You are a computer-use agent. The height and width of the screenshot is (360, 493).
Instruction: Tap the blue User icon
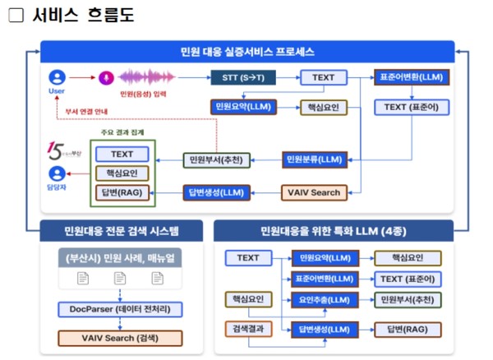click(x=56, y=77)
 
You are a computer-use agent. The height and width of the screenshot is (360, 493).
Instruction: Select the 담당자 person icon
click(x=56, y=174)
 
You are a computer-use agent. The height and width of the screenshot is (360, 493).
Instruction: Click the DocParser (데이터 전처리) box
click(x=120, y=309)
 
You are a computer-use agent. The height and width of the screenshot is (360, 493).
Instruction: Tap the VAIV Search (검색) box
click(x=120, y=338)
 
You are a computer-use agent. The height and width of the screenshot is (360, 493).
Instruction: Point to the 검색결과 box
click(x=248, y=330)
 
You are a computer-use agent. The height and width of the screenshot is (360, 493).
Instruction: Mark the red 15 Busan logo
click(x=56, y=150)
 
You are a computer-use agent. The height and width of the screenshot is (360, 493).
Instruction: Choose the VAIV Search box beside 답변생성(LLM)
click(x=311, y=193)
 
